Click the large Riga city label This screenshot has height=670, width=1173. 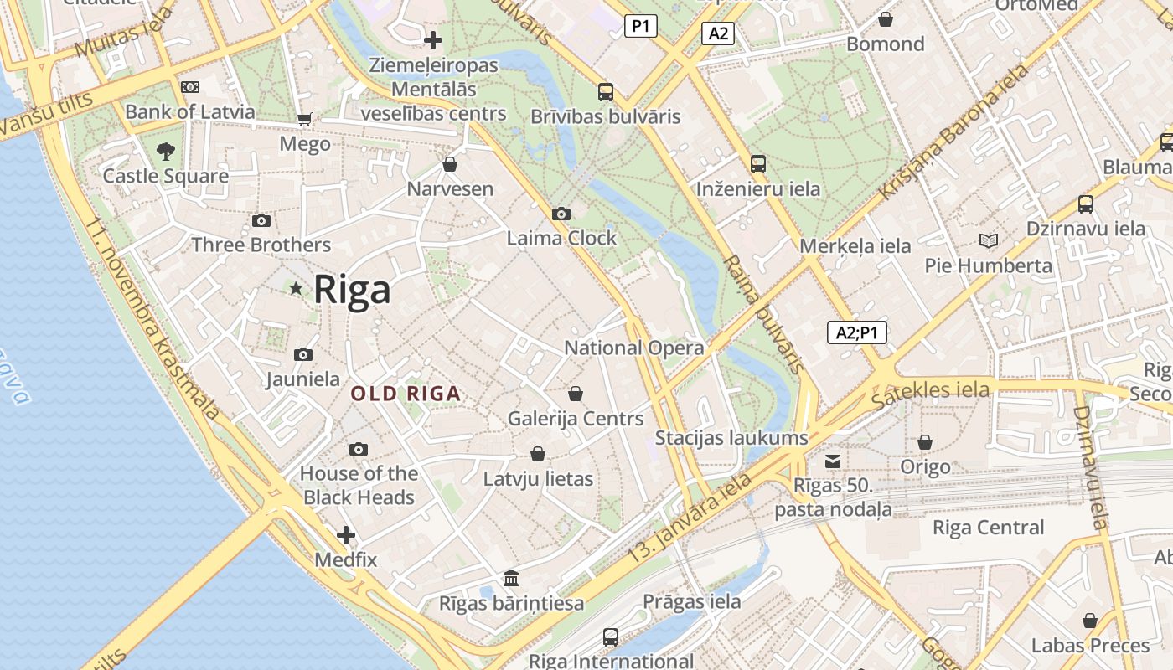352,290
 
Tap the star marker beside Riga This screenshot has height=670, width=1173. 296,289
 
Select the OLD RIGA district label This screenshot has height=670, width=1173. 406,394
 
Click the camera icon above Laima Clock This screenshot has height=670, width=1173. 561,214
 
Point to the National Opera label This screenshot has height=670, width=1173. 633,348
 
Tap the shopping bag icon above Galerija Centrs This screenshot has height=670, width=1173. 576,394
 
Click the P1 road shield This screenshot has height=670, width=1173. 640,27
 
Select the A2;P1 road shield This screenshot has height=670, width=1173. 856,333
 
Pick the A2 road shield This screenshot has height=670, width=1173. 718,33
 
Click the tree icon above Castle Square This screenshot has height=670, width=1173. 166,152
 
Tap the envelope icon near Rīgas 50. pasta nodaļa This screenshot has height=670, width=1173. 833,461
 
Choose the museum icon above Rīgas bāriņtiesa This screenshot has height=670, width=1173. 511,579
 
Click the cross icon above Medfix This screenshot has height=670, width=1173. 346,535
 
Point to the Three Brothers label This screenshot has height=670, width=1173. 261,245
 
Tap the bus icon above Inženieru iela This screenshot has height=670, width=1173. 758,164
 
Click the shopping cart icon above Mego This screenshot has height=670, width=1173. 305,120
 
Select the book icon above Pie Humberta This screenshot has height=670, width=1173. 989,241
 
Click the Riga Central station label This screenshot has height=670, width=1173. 989,528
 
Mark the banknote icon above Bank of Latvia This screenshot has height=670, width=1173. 190,87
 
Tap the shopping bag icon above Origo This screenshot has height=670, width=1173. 925,442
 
